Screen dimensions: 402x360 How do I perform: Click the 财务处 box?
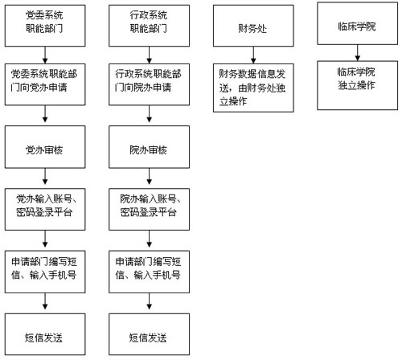tap(253, 26)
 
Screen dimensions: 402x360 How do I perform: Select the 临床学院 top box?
tap(357, 23)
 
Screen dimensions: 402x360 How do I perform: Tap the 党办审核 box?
tap(45, 147)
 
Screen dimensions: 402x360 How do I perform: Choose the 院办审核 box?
tap(149, 147)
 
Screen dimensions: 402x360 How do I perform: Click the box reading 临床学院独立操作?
tap(357, 85)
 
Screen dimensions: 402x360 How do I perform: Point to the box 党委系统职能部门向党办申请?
tap(45, 84)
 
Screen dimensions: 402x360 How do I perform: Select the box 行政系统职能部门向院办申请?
tap(149, 84)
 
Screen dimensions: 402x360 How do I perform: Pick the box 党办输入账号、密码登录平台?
tap(45, 209)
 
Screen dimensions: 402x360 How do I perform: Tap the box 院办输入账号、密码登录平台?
tap(149, 209)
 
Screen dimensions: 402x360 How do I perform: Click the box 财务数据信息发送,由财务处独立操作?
tap(253, 88)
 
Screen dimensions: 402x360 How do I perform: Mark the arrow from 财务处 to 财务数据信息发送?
tap(253, 55)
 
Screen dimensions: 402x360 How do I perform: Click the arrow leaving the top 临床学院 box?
tap(357, 53)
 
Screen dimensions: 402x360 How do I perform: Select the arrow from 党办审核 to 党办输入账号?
tap(45, 176)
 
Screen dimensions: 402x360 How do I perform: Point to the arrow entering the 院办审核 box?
tap(149, 114)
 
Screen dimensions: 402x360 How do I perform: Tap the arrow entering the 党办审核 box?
tap(45, 114)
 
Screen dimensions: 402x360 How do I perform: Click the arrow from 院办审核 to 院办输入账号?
tap(149, 176)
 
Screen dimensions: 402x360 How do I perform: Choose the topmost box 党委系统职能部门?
tap(45, 26)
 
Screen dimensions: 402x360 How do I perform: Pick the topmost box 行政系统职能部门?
tap(149, 26)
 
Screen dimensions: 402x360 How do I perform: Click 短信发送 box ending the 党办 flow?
tap(45, 334)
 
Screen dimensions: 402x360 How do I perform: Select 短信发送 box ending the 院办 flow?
tap(149, 334)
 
